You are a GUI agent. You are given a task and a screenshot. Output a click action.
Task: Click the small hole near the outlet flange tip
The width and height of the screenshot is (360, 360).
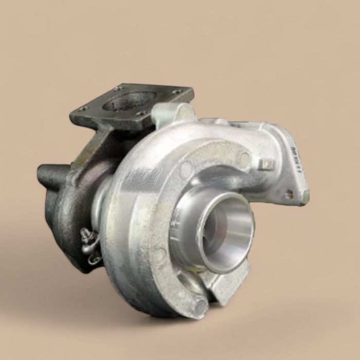pyautogui.click(x=290, y=194)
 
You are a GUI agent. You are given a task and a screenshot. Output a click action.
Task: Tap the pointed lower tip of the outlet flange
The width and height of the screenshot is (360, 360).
pyautogui.click(x=304, y=198)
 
